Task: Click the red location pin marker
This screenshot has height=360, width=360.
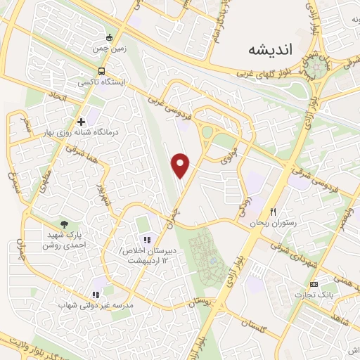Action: point(181,165)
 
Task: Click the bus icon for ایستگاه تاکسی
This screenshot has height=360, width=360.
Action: point(103,72)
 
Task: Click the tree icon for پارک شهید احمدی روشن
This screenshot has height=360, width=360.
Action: point(65,223)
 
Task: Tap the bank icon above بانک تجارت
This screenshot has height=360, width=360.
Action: point(314,283)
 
